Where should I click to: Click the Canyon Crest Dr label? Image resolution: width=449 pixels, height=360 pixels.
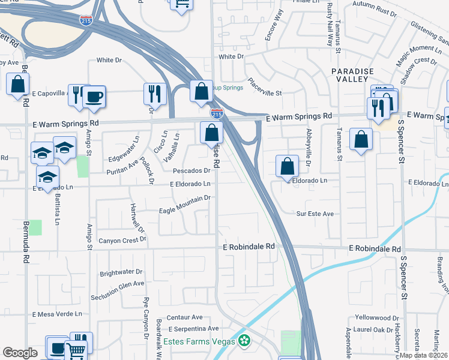[x=123, y=241]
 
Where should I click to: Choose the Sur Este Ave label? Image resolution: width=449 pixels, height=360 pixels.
[x=315, y=214]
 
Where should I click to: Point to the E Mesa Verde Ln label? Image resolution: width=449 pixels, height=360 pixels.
[x=56, y=314]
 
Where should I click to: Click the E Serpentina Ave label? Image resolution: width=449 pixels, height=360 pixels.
[x=193, y=329]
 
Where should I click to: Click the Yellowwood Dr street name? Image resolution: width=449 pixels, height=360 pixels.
[x=377, y=317]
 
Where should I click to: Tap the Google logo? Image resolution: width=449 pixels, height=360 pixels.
[x=20, y=353]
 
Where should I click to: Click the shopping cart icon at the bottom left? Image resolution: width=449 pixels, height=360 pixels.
[x=76, y=351]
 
